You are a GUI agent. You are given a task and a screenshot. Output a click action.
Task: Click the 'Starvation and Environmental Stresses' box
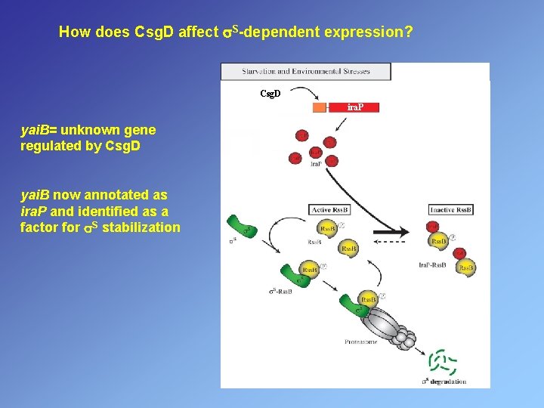pyautogui.click(x=305, y=72)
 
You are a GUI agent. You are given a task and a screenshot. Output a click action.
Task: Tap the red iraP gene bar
pyautogui.click(x=354, y=107)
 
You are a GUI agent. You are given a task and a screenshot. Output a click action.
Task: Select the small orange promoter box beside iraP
pyautogui.click(x=319, y=107)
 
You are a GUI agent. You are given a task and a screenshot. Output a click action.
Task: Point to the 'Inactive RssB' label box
pyautogui.click(x=452, y=209)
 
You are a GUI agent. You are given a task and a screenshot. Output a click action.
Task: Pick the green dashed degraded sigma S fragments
pyautogui.click(x=443, y=362)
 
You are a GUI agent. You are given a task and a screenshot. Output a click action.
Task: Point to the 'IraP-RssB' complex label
pyautogui.click(x=432, y=265)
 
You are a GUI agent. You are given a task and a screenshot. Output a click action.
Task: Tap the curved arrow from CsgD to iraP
pyautogui.click(x=306, y=94)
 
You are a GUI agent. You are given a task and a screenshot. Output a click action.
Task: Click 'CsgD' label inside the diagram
pyautogui.click(x=270, y=94)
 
